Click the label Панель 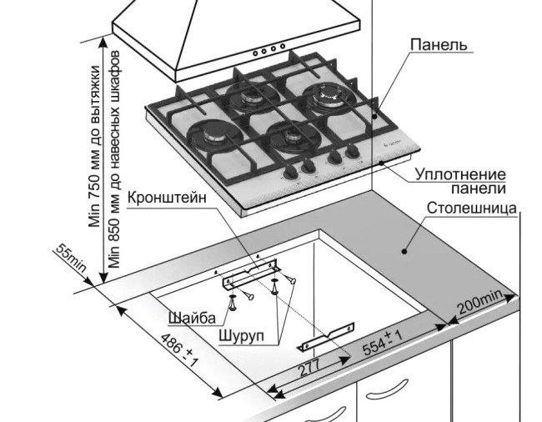tap(438, 44)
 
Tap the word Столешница tap(473, 207)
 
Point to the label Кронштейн tap(167, 199)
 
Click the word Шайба tap(192, 318)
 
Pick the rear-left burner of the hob tap(248, 98)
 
